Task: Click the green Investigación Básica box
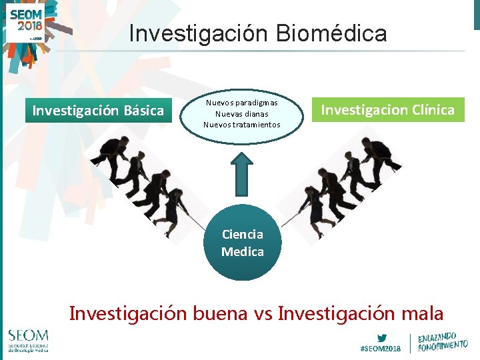[x=98, y=111]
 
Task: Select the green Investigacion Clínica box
[x=387, y=110]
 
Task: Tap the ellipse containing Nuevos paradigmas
[x=242, y=114]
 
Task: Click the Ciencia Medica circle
[x=242, y=243]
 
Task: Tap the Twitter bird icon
[x=381, y=337]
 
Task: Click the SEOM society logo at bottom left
[x=28, y=339]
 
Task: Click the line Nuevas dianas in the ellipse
[x=242, y=114]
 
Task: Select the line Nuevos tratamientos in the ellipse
[x=242, y=125]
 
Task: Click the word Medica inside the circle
[x=242, y=252]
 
